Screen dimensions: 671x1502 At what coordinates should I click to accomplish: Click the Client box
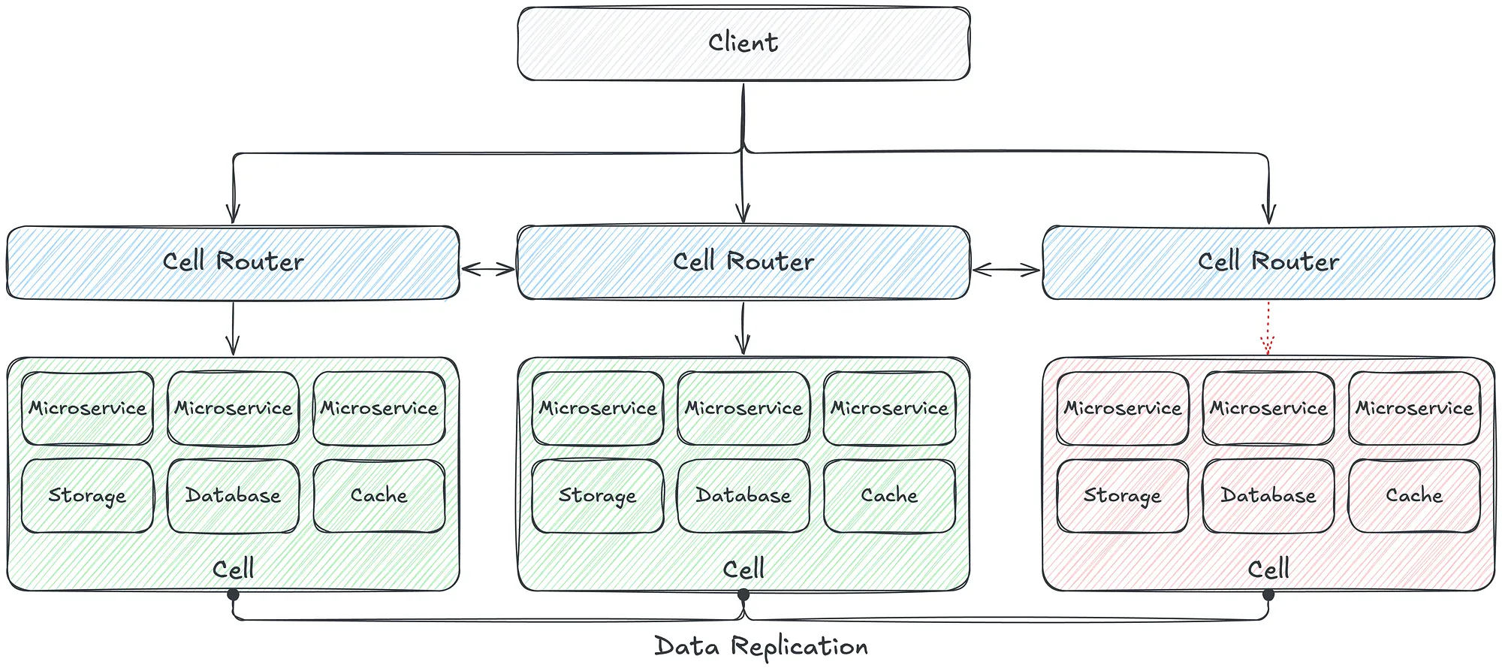(x=743, y=44)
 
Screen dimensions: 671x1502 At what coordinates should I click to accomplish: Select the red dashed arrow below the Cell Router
(x=1268, y=328)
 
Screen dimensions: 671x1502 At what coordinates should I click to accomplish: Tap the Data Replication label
(x=761, y=647)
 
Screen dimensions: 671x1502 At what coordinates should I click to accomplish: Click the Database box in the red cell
(x=1268, y=496)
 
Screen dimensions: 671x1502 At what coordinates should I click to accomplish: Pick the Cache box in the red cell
(x=1414, y=496)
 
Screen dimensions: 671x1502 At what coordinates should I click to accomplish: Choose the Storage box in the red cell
(x=1123, y=496)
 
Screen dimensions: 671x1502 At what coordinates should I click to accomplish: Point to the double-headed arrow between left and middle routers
(x=488, y=269)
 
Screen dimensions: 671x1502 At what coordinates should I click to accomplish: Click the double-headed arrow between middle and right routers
(x=1006, y=269)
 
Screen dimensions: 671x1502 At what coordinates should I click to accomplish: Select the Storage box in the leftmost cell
(x=87, y=496)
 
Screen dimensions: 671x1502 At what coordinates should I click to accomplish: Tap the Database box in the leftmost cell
(x=233, y=496)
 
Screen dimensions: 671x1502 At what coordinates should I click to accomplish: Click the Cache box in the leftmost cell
(x=379, y=496)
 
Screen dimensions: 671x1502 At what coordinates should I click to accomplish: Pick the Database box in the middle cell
(x=743, y=496)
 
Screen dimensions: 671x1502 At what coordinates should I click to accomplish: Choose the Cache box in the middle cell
(x=889, y=496)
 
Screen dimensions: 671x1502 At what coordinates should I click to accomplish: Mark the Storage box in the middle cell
(x=598, y=496)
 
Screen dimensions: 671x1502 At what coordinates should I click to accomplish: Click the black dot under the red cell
(x=1268, y=595)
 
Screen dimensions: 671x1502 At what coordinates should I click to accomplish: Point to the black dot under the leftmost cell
(x=233, y=595)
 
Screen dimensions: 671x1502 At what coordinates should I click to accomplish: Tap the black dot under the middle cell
(x=743, y=595)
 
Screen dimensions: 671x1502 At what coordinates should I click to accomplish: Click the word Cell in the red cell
(x=1268, y=569)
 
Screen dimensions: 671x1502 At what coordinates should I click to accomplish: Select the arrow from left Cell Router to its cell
(x=233, y=328)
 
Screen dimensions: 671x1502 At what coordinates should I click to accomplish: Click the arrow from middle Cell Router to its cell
(x=743, y=328)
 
